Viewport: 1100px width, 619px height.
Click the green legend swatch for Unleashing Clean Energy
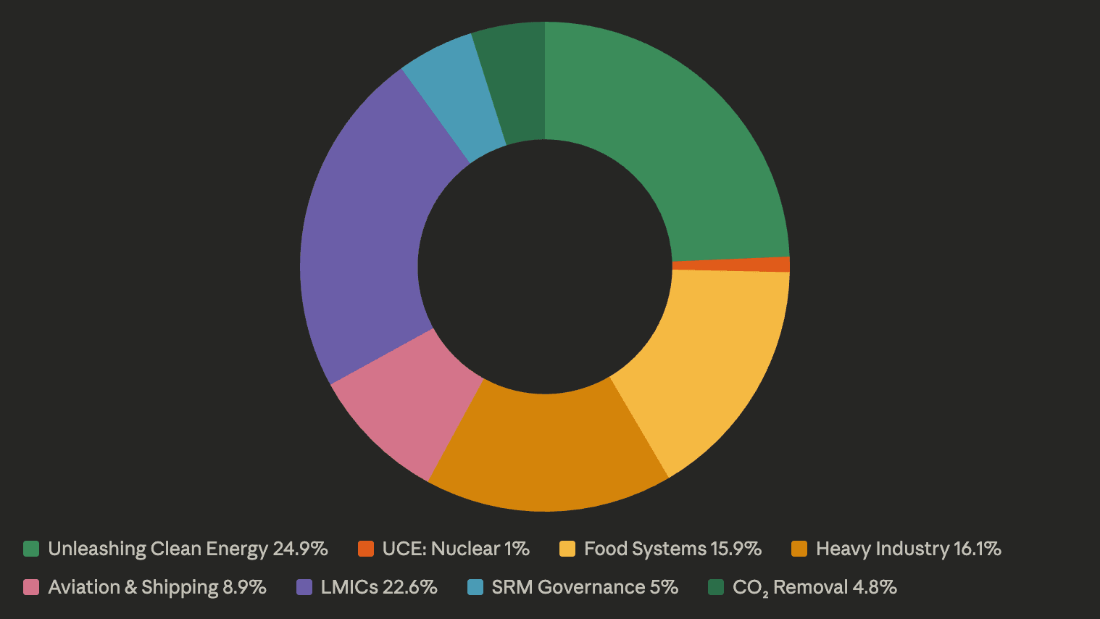31,549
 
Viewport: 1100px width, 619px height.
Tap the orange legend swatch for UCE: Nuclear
365,549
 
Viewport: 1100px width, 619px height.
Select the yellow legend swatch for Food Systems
567,549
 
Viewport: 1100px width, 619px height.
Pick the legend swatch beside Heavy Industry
799,549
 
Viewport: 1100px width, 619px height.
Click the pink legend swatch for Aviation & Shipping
31,587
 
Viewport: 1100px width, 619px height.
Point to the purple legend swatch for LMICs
304,587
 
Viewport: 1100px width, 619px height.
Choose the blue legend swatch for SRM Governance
475,587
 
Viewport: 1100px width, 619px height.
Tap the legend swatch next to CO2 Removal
716,587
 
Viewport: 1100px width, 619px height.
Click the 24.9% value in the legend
300,549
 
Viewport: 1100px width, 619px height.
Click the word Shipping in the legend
180,587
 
